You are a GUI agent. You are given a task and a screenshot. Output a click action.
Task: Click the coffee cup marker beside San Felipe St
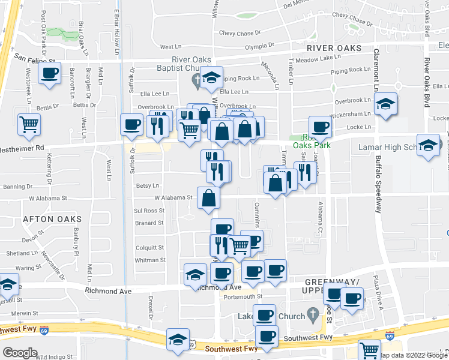pos(49,74)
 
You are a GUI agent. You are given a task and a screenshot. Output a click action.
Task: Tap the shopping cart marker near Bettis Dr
pos(29,125)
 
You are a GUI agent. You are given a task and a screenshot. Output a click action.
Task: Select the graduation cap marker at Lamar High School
pos(428,146)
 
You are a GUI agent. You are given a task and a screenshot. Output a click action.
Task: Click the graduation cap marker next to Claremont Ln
pos(386,104)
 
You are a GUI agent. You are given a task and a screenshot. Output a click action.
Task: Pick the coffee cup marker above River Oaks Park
pos(320,127)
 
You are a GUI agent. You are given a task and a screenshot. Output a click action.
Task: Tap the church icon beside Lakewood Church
pos(312,314)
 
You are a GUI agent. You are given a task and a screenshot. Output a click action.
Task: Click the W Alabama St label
pos(173,197)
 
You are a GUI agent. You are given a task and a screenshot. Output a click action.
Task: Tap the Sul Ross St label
pos(149,211)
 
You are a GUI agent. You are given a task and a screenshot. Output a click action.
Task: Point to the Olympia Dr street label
pos(259,44)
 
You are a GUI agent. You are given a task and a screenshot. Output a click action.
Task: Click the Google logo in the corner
pos(19,353)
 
